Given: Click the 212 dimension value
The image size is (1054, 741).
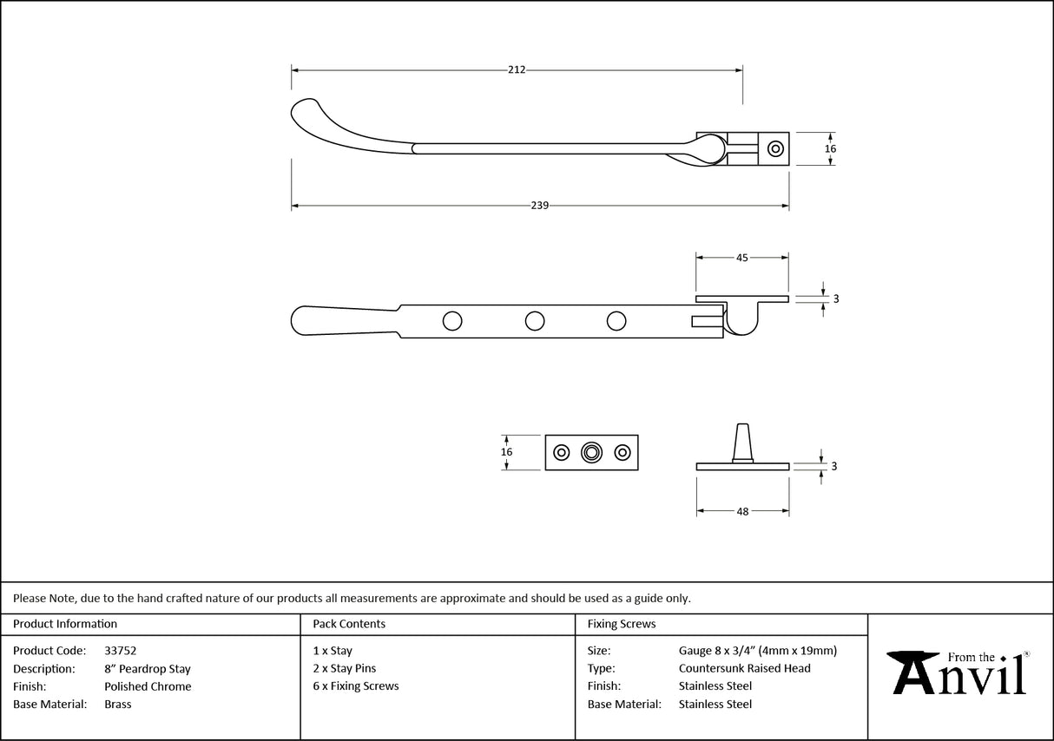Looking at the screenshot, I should (x=517, y=70).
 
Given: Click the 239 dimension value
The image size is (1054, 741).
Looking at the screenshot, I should (x=539, y=206).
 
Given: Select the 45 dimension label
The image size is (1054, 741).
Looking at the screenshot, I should (x=742, y=258).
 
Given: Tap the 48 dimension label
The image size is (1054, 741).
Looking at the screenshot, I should (x=742, y=512).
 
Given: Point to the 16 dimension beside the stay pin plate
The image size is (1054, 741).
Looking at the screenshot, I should (x=507, y=452).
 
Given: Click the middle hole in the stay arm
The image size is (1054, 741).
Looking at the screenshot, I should (x=535, y=321).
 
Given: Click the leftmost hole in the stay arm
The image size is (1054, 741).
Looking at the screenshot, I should (x=452, y=321).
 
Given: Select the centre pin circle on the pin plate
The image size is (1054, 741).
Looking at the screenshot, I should (x=592, y=452).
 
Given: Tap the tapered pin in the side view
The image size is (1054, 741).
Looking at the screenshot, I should (x=742, y=443).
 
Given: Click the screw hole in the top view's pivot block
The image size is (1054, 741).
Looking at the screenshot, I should (x=774, y=148).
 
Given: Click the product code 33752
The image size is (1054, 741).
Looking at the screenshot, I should (x=120, y=651).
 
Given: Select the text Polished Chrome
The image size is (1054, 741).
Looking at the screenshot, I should (x=148, y=686).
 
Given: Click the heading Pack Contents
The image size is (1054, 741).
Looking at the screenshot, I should (x=349, y=624).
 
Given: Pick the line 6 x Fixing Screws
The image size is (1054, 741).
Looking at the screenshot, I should (x=356, y=686).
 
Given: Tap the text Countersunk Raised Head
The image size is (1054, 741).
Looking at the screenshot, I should (x=744, y=669).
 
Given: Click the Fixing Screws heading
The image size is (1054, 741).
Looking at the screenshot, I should (x=622, y=624).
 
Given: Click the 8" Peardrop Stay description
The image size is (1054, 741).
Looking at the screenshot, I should (x=147, y=669).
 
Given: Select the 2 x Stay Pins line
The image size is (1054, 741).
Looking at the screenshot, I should (x=345, y=669).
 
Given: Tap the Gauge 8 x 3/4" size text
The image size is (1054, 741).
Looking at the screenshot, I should (x=757, y=651).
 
